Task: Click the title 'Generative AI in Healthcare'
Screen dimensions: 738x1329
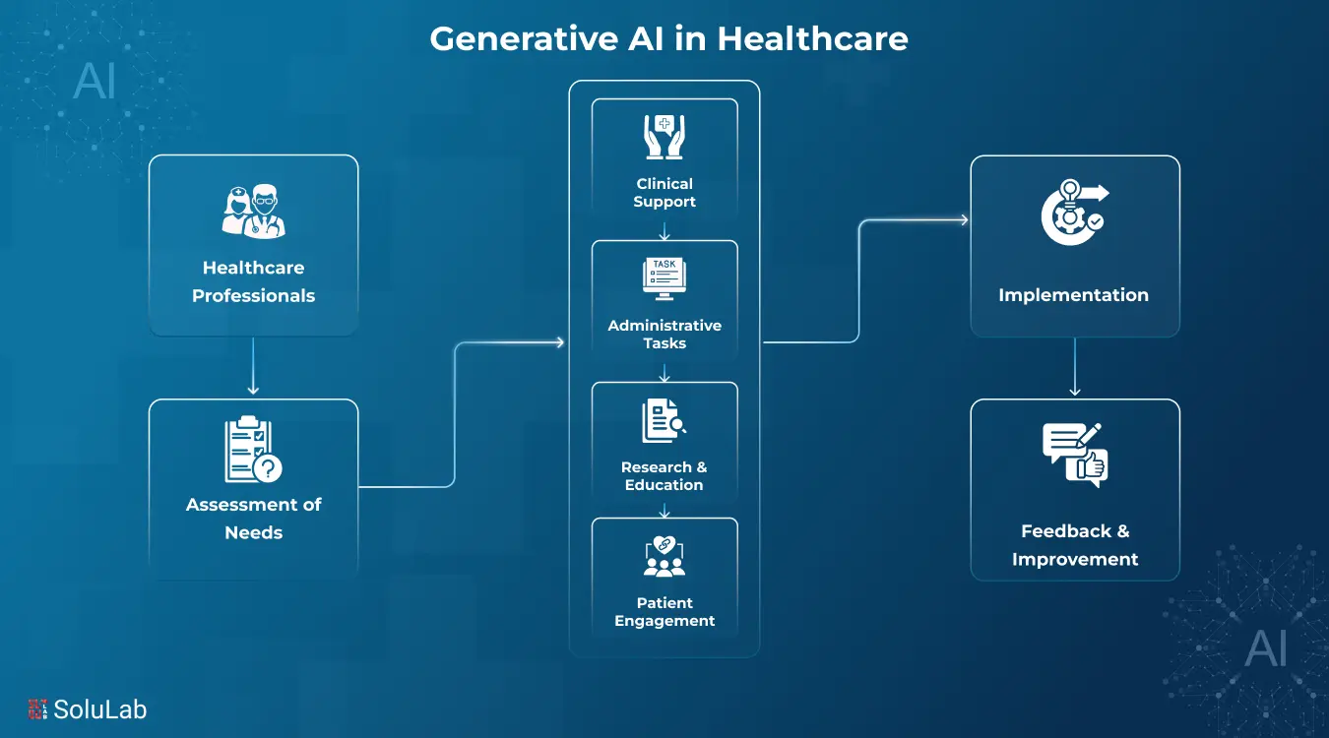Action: (x=668, y=39)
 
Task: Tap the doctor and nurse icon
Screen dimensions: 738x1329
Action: (x=253, y=211)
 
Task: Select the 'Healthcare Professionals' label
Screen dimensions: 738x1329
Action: (x=253, y=281)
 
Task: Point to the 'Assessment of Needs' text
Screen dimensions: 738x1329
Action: (x=253, y=519)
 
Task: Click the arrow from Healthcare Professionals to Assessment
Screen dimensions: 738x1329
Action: (x=253, y=367)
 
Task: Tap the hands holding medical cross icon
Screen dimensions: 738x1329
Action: (x=664, y=137)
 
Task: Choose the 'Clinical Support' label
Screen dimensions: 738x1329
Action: (x=664, y=193)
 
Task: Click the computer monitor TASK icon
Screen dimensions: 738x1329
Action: (x=664, y=278)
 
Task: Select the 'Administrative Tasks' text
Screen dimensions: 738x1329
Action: (x=664, y=335)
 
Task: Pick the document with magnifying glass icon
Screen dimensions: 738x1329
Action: (x=664, y=420)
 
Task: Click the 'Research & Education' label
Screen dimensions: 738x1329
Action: (x=664, y=476)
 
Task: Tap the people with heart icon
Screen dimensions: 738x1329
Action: (x=664, y=557)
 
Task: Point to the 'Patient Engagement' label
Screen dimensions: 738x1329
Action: (x=664, y=612)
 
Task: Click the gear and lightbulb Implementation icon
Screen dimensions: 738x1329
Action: (x=1074, y=213)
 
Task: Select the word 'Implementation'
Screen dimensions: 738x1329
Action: (x=1074, y=295)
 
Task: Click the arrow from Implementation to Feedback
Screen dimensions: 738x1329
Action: (x=1074, y=367)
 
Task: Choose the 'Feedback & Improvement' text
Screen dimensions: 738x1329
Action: (x=1075, y=545)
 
